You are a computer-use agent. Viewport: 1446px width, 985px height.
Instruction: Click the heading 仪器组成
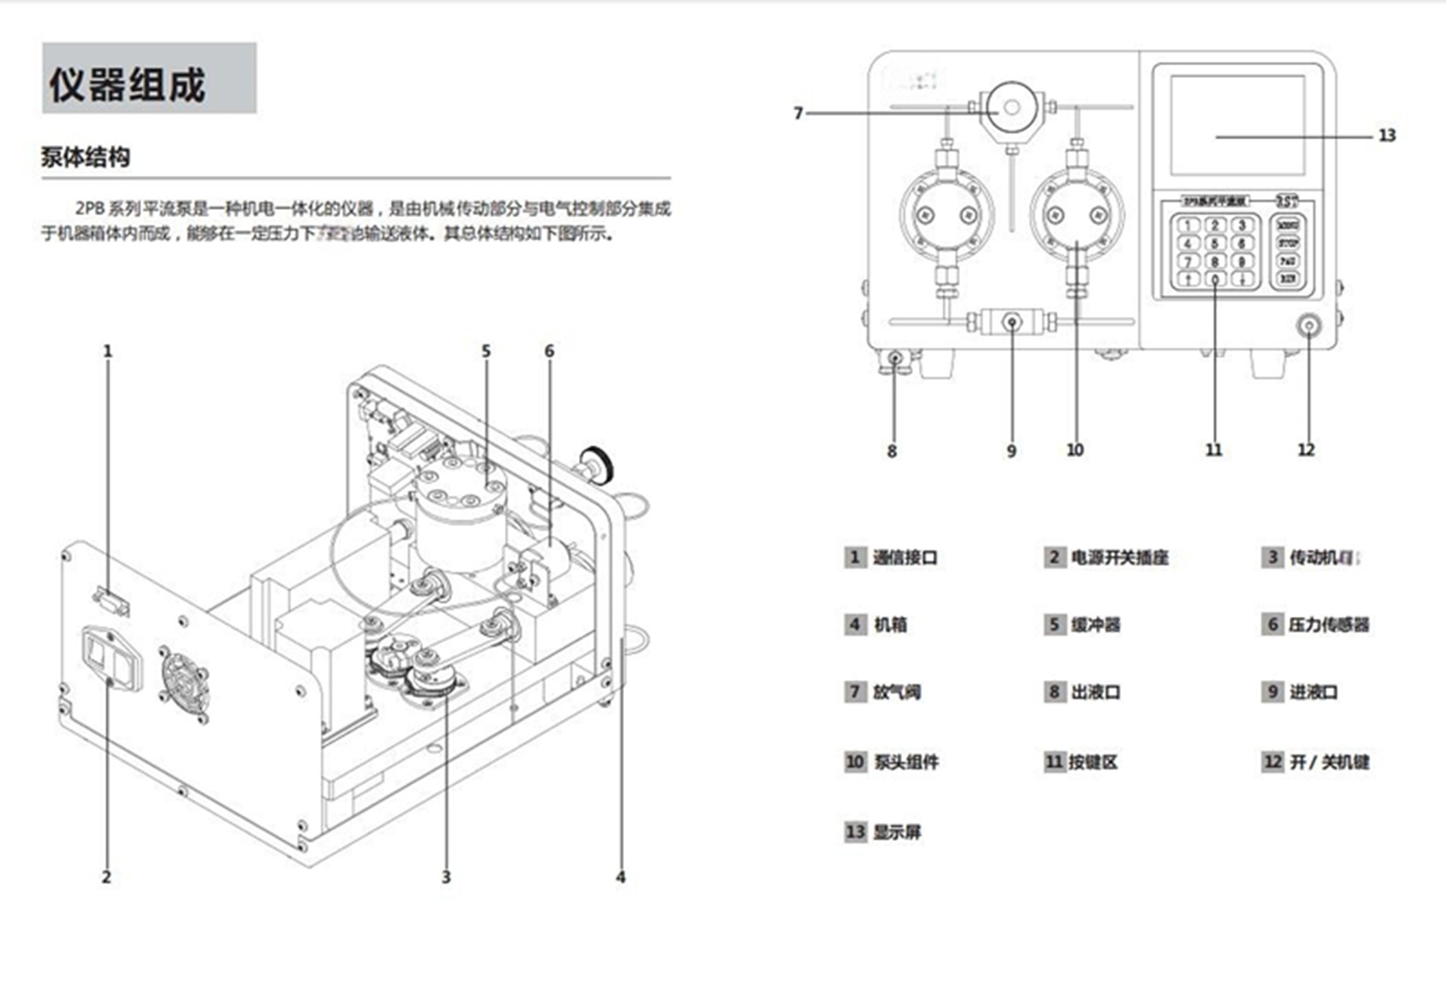click(127, 85)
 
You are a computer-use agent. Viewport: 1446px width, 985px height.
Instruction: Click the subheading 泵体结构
click(86, 157)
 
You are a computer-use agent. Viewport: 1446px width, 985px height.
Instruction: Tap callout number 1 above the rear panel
click(107, 352)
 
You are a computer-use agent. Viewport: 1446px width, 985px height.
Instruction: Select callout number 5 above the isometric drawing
click(486, 351)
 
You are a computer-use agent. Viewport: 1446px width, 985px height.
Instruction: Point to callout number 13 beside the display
click(1386, 135)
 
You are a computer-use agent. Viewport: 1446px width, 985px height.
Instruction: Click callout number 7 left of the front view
click(798, 113)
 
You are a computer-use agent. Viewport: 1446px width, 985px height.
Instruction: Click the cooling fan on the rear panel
click(184, 681)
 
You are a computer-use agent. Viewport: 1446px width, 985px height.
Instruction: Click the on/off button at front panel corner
click(1308, 326)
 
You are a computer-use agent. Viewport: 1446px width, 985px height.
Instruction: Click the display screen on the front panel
click(1237, 125)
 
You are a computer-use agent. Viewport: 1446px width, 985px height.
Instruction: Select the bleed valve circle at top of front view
click(1011, 107)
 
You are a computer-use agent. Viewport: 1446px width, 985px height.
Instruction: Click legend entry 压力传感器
click(1328, 625)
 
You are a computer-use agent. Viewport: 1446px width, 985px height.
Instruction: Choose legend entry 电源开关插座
click(1120, 557)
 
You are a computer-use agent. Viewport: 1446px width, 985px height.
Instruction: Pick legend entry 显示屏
click(896, 832)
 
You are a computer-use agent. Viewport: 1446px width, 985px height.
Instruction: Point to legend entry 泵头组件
click(906, 762)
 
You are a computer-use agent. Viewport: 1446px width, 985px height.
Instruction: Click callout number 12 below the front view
click(1306, 450)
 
